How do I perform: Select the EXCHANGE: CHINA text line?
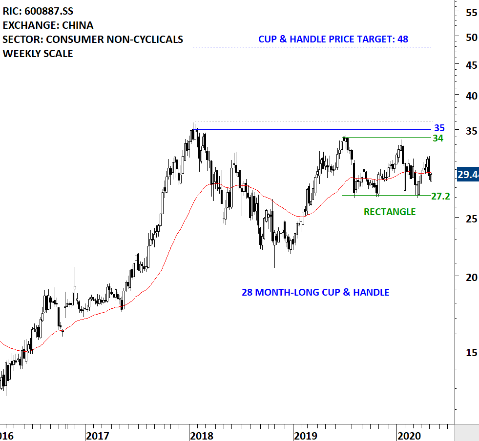click(48, 25)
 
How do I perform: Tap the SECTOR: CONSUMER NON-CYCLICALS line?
click(93, 40)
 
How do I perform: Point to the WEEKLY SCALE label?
click(38, 54)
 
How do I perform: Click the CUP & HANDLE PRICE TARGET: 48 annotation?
click(333, 39)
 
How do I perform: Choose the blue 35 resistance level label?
click(439, 128)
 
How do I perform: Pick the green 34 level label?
click(438, 138)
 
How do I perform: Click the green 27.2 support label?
click(441, 197)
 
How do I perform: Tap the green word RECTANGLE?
click(390, 212)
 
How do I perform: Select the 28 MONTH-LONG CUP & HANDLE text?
click(315, 292)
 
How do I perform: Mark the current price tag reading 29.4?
click(467, 175)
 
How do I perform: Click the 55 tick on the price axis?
click(471, 13)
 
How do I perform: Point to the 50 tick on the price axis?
click(471, 37)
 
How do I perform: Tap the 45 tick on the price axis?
click(471, 64)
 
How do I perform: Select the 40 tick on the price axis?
click(471, 96)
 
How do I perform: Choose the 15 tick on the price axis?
click(471, 351)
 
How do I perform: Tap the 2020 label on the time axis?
click(409, 435)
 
